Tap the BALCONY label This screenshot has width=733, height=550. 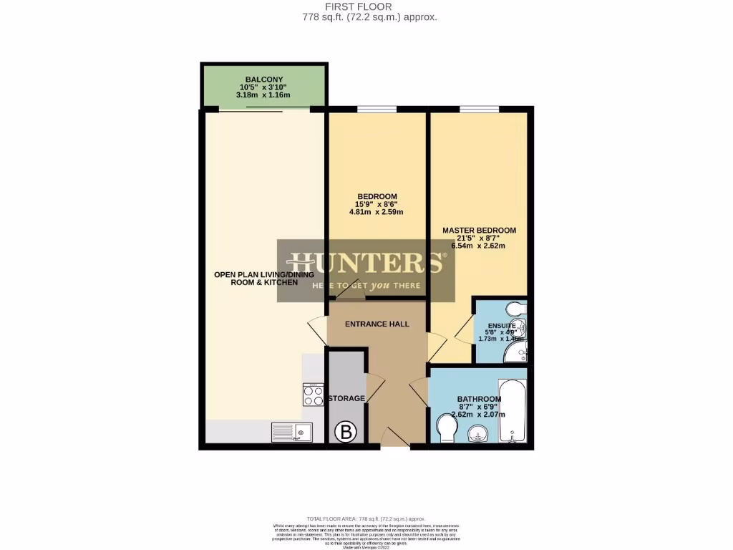click(264, 79)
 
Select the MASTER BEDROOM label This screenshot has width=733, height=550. click(479, 230)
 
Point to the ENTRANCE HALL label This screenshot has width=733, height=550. click(377, 324)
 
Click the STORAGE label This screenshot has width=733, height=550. click(346, 398)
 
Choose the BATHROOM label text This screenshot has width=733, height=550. click(479, 399)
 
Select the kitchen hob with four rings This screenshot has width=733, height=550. click(314, 395)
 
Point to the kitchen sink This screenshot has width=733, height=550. click(291, 432)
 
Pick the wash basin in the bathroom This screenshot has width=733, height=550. click(477, 433)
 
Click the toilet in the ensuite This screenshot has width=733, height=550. click(515, 309)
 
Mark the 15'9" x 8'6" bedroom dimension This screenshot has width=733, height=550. click(377, 204)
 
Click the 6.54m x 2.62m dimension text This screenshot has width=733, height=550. click(479, 246)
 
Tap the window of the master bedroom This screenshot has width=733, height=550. click(480, 110)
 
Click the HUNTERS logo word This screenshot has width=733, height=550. click(365, 263)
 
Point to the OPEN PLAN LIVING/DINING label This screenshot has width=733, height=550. click(256, 274)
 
